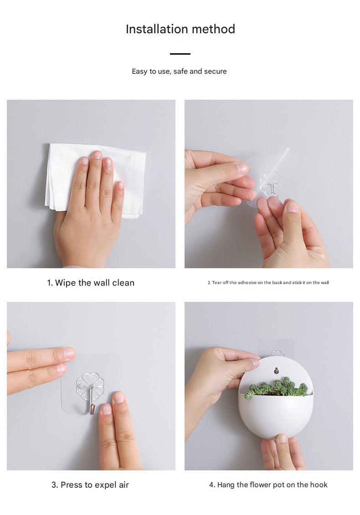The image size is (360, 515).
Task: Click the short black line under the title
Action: [180, 54]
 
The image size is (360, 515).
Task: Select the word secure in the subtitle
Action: [216, 71]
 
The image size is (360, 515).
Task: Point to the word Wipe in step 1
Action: [66, 283]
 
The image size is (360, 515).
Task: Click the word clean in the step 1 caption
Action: [123, 283]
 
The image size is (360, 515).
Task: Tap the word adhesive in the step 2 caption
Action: [247, 282]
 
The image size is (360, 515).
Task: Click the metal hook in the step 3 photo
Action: [91, 401]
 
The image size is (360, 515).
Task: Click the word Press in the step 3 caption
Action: [72, 485]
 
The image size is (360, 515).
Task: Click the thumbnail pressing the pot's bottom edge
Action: [282, 438]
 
